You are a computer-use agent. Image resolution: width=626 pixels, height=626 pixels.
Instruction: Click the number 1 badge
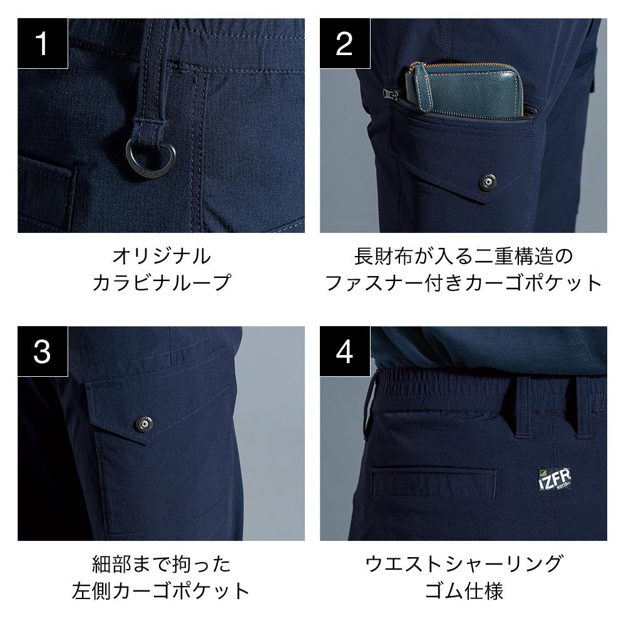click(x=42, y=43)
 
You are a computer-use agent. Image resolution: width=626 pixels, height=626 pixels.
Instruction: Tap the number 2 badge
click(x=344, y=43)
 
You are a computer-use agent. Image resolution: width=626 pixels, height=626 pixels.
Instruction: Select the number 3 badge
click(x=42, y=351)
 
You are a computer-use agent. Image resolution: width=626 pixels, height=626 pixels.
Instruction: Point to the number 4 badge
click(x=344, y=351)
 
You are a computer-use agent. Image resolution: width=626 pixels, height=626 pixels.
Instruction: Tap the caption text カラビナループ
click(x=161, y=283)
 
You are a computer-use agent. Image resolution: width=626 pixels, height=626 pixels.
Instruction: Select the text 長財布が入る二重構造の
click(x=463, y=256)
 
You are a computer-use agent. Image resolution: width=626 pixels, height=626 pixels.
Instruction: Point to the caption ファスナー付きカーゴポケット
click(x=463, y=283)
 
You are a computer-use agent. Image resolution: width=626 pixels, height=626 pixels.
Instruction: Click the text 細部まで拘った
click(x=161, y=565)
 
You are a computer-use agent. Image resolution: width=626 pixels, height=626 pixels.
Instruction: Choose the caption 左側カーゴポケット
click(x=161, y=592)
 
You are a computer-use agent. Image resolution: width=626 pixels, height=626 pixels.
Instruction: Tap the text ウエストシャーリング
click(x=463, y=565)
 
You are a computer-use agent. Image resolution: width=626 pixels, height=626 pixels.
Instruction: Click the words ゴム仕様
click(x=463, y=592)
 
